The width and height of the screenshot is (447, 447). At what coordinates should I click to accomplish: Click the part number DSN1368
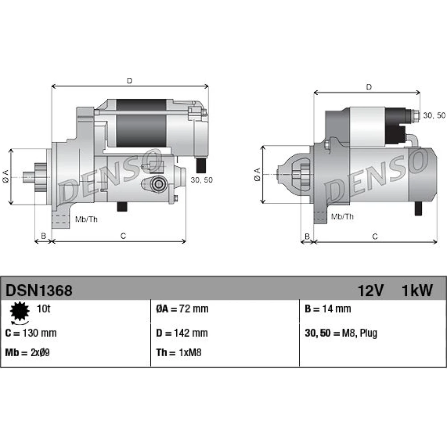point(39,291)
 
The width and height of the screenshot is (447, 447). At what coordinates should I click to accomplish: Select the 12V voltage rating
point(371,291)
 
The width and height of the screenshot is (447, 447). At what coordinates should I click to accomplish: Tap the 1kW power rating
point(417,291)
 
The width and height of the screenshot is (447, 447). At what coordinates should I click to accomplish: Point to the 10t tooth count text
point(44,309)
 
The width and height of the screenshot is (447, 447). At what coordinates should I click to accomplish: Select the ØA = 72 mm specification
point(182,309)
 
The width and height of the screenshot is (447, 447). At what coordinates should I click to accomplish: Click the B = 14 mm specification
point(328,309)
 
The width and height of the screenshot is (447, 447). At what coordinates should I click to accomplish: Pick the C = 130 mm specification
point(31,333)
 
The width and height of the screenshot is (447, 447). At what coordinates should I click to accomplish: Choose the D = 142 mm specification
point(182,333)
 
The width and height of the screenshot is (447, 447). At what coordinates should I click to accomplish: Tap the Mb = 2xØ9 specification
point(27,353)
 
